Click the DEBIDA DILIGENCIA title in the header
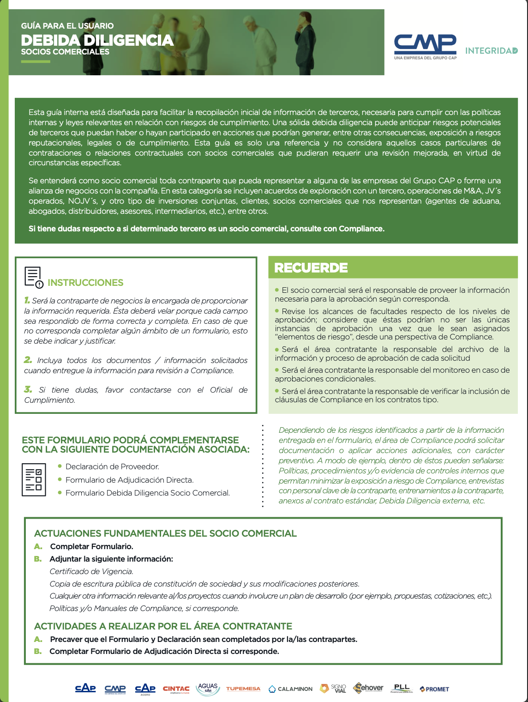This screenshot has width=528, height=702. (x=97, y=40)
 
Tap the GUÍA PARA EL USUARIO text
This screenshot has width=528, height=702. (x=67, y=26)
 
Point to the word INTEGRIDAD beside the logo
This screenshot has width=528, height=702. (x=491, y=51)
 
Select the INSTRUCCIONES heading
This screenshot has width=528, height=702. (x=85, y=283)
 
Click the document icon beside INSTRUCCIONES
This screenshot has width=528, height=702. (x=33, y=277)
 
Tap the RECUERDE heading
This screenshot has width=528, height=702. (x=311, y=268)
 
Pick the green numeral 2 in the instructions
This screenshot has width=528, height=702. (x=28, y=360)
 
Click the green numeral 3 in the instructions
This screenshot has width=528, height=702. (x=28, y=389)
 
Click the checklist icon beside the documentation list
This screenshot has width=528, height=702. (x=34, y=480)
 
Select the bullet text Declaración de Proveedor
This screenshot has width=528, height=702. (x=112, y=466)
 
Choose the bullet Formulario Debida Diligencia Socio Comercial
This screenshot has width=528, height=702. (x=148, y=493)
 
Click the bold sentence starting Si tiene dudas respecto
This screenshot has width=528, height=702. (x=206, y=229)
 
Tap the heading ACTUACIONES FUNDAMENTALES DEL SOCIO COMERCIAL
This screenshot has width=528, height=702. (x=165, y=533)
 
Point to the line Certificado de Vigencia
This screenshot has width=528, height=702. (x=91, y=571)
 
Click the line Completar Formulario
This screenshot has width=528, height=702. (x=91, y=546)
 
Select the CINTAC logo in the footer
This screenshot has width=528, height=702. (x=176, y=689)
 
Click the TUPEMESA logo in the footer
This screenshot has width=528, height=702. (x=243, y=689)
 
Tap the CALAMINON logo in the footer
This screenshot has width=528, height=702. (x=291, y=689)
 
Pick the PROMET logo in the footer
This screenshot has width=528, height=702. (x=434, y=689)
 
